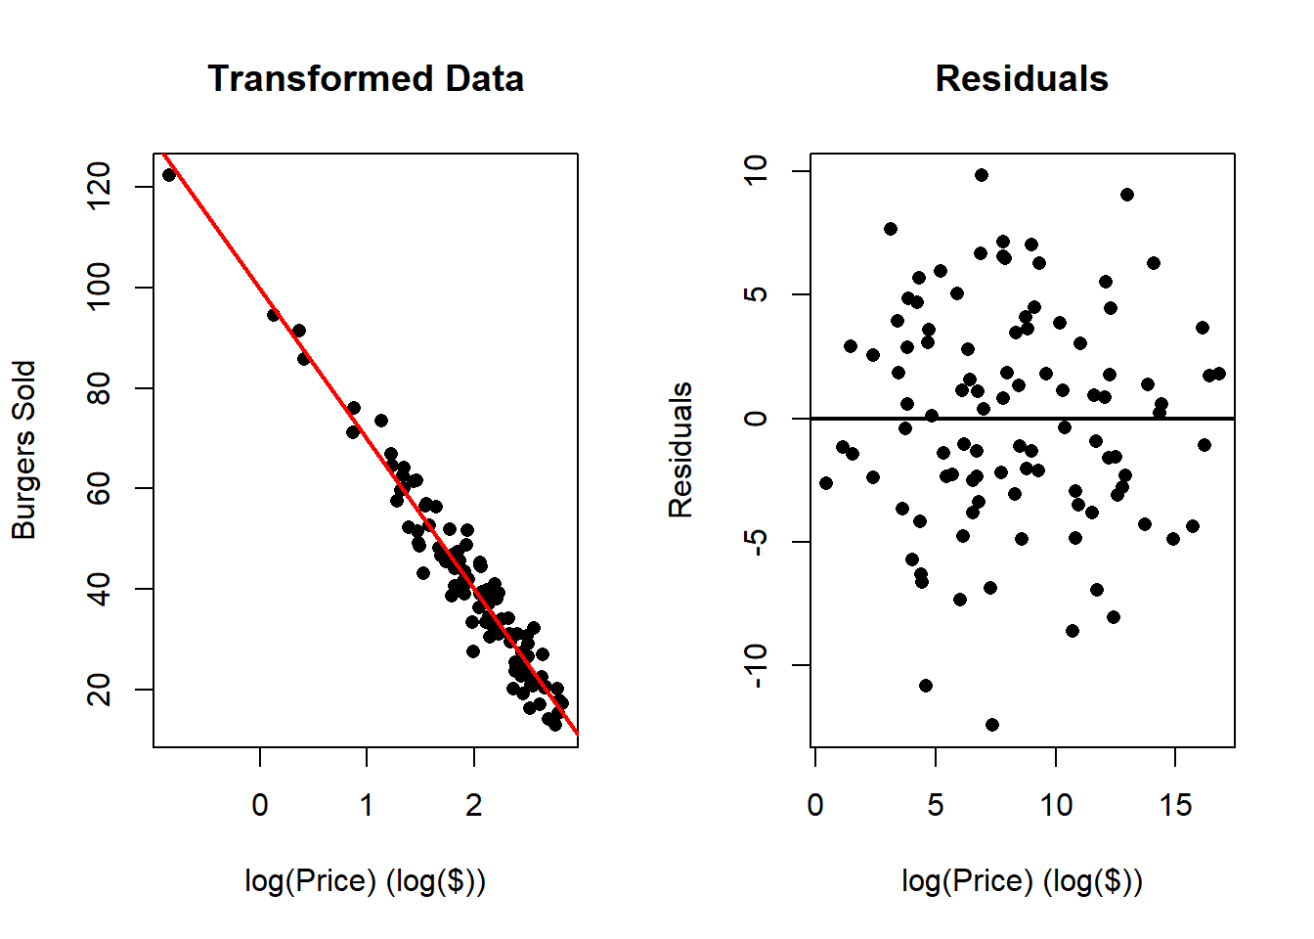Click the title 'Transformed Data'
366,79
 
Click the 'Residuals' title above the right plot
1022,79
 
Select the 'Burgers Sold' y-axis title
23,450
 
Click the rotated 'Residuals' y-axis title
680,450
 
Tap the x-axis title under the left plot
366,881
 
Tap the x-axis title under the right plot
1022,881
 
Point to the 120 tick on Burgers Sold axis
99,186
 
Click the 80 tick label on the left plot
99,388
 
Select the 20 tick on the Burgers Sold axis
99,690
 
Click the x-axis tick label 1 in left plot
367,805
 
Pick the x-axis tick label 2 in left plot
474,805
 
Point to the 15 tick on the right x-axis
1175,805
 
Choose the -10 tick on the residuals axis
756,666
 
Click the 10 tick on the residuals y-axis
756,171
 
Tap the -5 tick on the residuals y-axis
756,542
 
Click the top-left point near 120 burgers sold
169,175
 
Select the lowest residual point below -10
992,725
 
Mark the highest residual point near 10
982,175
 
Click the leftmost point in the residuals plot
826,483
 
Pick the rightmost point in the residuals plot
1219,374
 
